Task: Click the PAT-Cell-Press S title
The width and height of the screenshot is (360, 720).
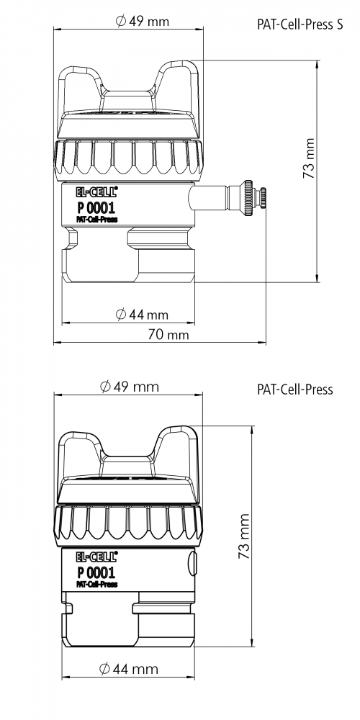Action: point(300,24)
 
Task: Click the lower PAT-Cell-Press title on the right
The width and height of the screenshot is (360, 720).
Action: point(294,390)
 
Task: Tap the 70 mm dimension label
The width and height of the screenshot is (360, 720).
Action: point(168,335)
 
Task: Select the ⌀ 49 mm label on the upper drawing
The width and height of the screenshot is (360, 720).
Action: point(143,21)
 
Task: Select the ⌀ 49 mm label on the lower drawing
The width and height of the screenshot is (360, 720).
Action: point(130,387)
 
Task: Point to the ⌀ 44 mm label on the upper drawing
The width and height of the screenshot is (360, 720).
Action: point(142,315)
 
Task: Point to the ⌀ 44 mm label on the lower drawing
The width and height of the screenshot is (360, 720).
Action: point(129,669)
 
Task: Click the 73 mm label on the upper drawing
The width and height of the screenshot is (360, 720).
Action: point(309,158)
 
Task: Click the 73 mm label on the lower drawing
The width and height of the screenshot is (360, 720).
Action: point(243,536)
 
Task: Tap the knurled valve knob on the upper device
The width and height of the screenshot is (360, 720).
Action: point(248,198)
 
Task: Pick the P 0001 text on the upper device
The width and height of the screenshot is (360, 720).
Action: point(96,207)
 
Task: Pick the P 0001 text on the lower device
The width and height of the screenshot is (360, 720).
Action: point(96,572)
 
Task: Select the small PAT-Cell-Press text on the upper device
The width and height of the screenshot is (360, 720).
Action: point(96,219)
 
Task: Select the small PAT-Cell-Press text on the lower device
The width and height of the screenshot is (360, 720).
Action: point(96,584)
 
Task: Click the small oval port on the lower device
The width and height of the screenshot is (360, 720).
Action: point(192,564)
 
